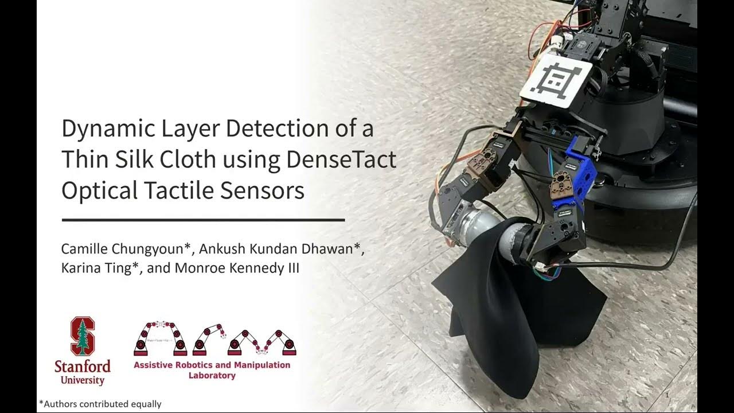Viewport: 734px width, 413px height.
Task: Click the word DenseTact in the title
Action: (341, 160)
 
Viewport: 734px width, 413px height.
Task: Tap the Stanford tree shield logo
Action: (83, 336)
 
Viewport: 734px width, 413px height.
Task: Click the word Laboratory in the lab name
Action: (212, 376)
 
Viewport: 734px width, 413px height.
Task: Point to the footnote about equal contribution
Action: (100, 404)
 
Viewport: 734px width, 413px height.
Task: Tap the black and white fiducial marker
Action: (556, 82)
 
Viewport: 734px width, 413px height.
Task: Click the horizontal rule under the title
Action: (203, 220)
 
